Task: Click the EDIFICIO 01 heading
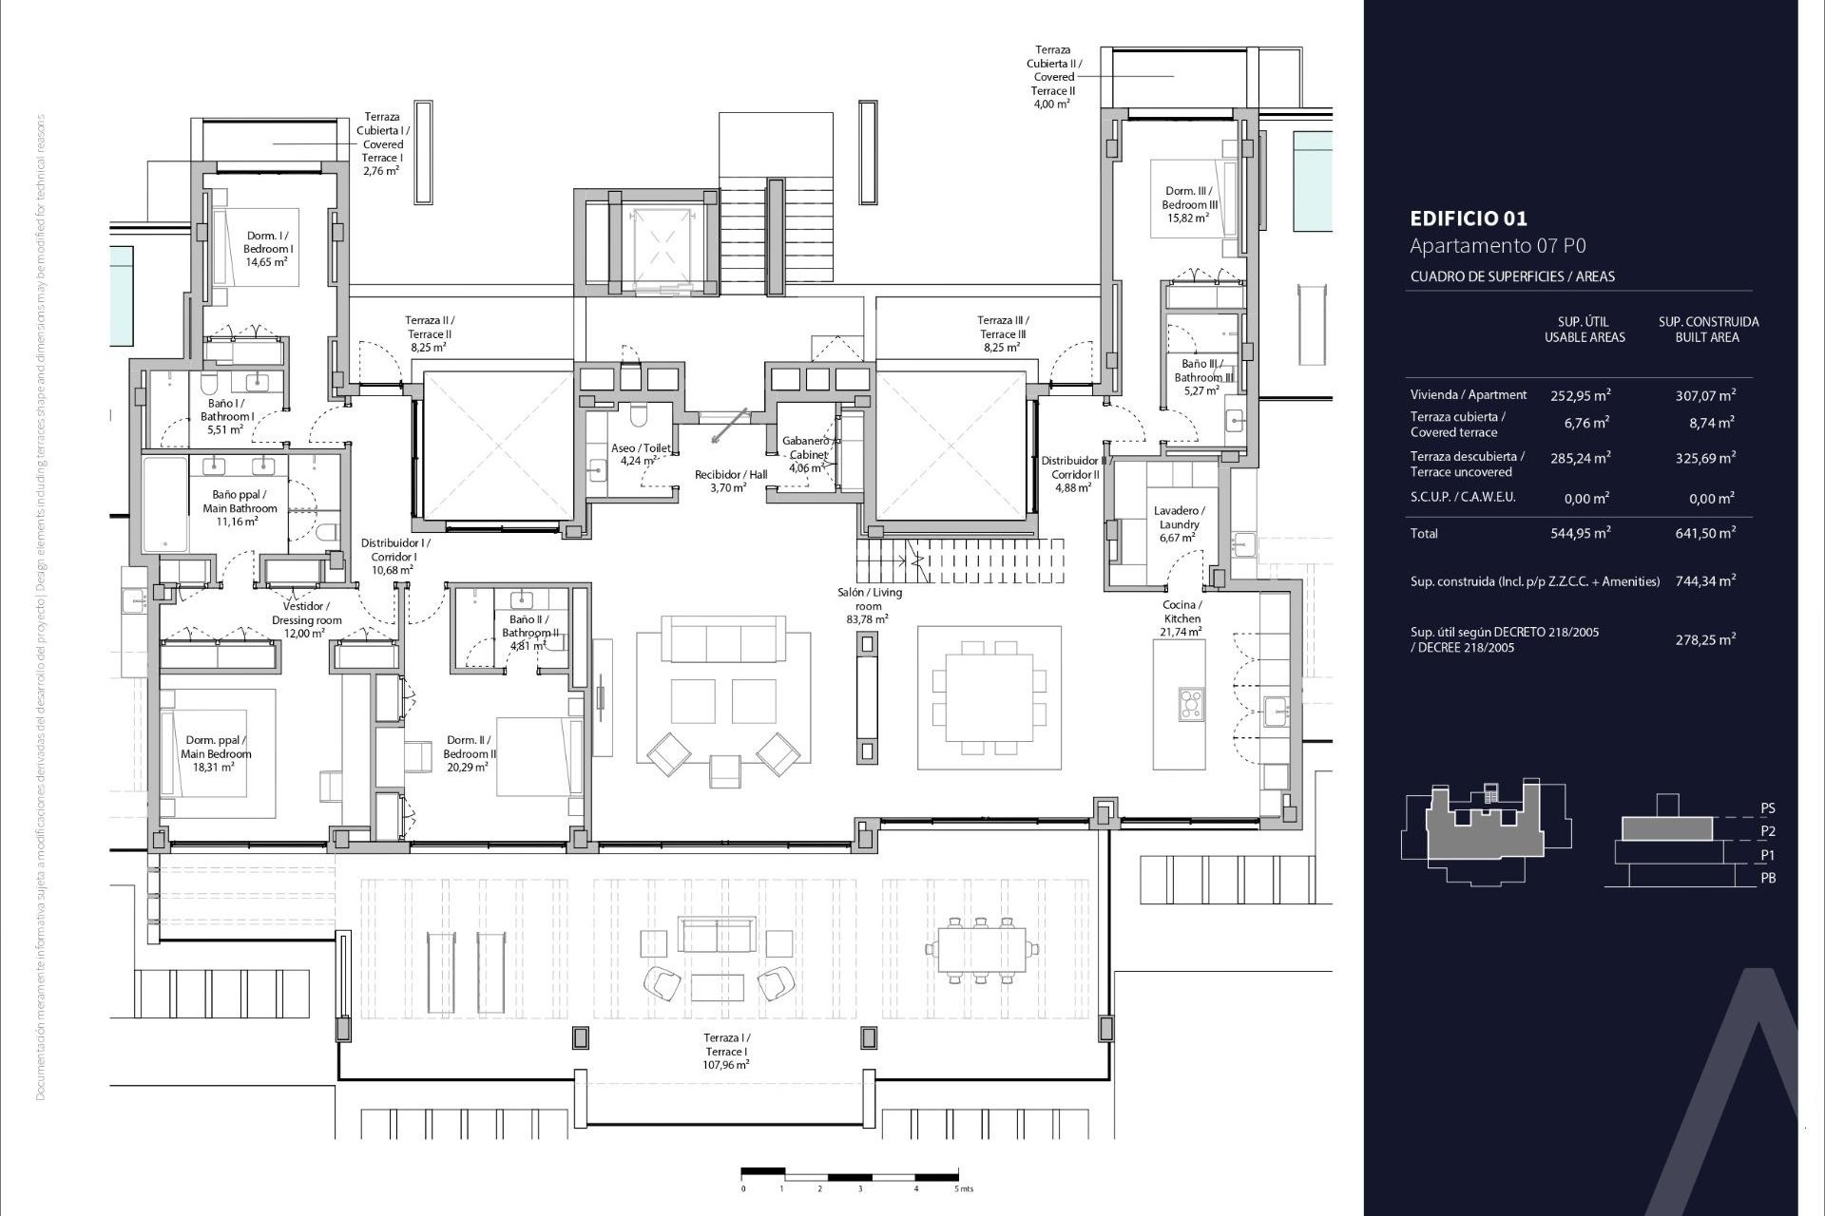point(1469,218)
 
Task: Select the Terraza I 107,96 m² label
point(726,1052)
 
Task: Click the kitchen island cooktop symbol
point(1190,704)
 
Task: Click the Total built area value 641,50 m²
point(1705,534)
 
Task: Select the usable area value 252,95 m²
point(1580,395)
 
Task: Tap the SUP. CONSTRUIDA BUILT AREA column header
point(1708,330)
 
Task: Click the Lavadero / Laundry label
point(1179,524)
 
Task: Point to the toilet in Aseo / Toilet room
point(638,417)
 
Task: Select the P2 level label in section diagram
point(1767,831)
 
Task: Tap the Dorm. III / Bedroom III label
point(1189,204)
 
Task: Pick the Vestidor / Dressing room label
point(306,619)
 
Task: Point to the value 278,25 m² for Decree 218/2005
point(1705,640)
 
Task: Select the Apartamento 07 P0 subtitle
point(1497,246)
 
